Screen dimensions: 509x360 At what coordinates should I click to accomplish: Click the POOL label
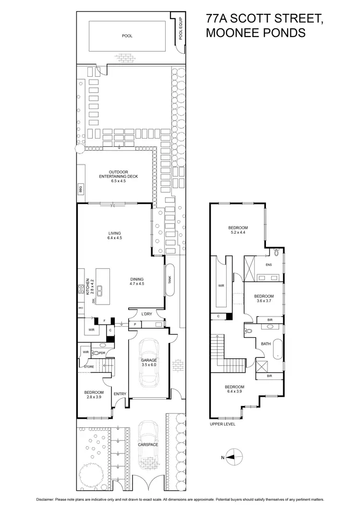(127, 36)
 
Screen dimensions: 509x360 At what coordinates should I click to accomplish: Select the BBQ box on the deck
(81, 189)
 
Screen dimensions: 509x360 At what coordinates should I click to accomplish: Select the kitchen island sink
(101, 289)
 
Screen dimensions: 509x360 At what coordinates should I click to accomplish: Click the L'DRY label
(146, 314)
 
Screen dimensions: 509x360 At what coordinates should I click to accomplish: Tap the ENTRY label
(120, 394)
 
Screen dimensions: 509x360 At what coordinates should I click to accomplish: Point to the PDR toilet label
(102, 353)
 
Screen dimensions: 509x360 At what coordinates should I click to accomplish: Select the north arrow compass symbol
(232, 458)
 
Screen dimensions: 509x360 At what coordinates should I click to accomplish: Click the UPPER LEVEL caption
(223, 425)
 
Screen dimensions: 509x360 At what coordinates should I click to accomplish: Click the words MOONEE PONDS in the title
(255, 33)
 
